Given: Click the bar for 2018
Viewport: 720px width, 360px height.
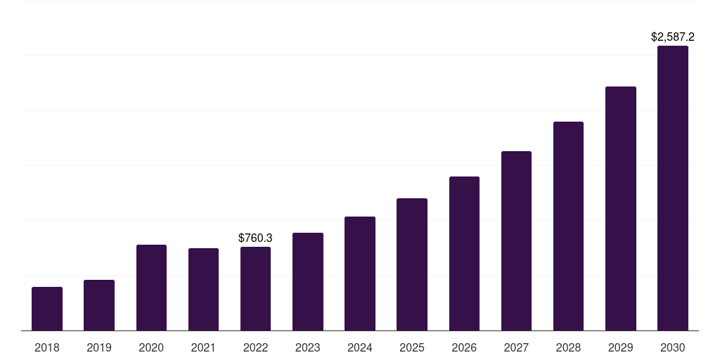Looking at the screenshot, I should [47, 309].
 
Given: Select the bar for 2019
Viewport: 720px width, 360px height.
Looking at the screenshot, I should [99, 305].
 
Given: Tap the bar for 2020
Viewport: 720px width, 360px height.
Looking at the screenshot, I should [151, 288].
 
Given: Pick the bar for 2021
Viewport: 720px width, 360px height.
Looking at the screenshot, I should [203, 289].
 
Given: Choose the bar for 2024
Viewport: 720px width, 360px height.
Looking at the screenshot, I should [360, 274].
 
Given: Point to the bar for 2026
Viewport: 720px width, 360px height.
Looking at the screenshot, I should [464, 253].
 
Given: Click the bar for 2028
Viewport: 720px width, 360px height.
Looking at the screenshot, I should [568, 226].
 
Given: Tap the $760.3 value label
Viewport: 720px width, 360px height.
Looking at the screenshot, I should [255, 238].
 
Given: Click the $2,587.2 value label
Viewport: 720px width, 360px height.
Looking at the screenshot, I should [673, 36].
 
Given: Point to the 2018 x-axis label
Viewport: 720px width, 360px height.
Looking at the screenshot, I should [47, 347].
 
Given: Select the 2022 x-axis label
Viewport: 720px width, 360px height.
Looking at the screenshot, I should [255, 347].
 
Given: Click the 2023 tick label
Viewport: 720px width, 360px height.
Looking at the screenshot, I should [308, 347].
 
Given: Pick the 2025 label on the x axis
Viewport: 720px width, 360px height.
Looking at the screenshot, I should [412, 347].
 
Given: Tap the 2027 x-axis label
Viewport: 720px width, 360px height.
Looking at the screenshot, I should [516, 347].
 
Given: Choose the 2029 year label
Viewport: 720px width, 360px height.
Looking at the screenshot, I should [621, 347].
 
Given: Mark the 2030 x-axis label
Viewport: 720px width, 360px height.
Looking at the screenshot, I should [673, 347].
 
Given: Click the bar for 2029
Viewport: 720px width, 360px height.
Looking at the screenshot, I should [621, 208].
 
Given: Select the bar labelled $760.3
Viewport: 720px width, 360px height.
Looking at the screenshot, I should [255, 288].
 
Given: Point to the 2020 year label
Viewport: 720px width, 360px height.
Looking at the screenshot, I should [151, 347].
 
